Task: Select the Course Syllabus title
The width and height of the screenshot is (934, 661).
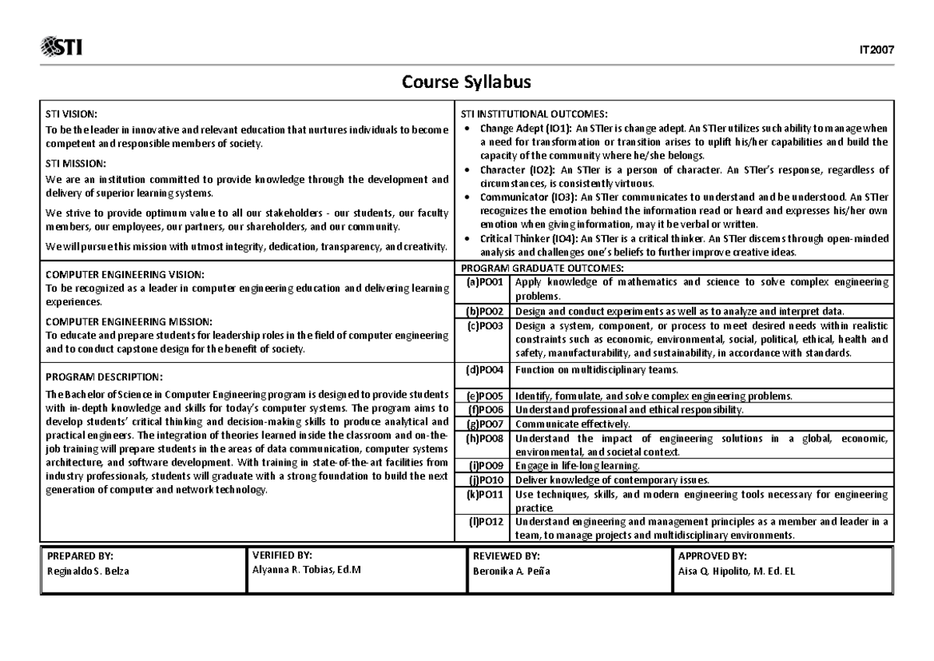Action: [466, 83]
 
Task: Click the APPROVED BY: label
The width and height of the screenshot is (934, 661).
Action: [712, 556]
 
